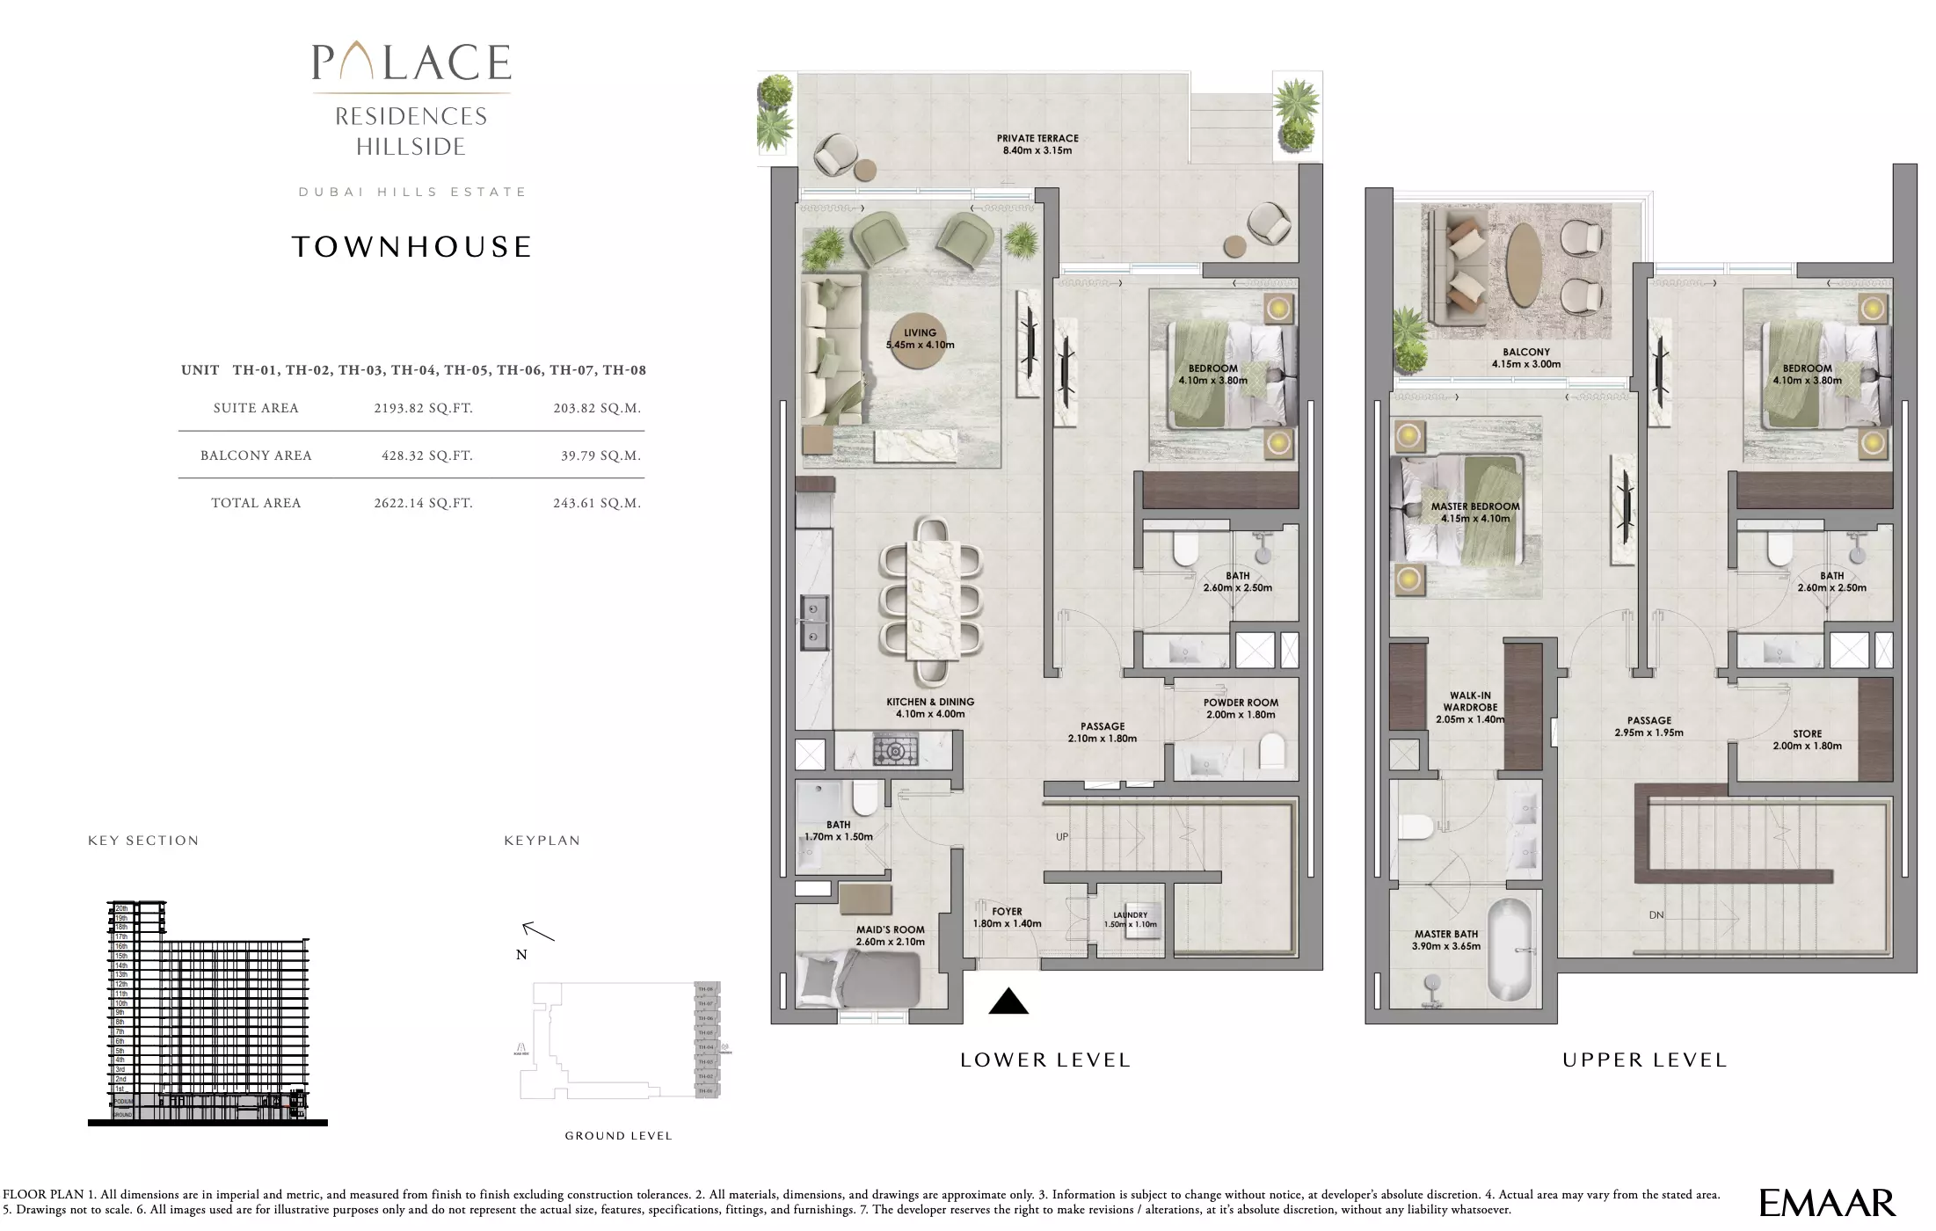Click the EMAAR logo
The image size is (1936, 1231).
point(1827,1203)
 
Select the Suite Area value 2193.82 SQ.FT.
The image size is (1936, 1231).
point(423,408)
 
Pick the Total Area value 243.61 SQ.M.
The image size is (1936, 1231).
point(596,503)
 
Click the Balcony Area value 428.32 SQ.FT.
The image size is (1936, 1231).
point(426,455)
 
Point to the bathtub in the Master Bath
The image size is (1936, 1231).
point(1509,951)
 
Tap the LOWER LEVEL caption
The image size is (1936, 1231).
point(1044,1060)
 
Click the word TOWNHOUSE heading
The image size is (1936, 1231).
point(411,247)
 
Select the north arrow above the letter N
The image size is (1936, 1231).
point(537,931)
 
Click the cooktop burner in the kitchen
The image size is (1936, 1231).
point(895,751)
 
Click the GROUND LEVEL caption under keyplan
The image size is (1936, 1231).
point(618,1136)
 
